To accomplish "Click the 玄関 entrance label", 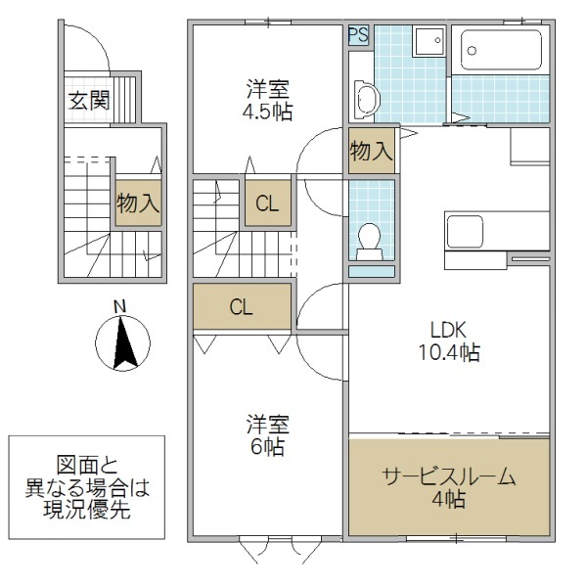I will (x=88, y=100).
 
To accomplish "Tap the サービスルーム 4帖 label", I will (x=447, y=487).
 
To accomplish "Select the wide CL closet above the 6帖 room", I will (x=242, y=307).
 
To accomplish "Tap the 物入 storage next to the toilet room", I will (x=372, y=152).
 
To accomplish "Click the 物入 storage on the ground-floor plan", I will (x=138, y=203).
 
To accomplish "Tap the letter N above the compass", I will (x=119, y=306).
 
